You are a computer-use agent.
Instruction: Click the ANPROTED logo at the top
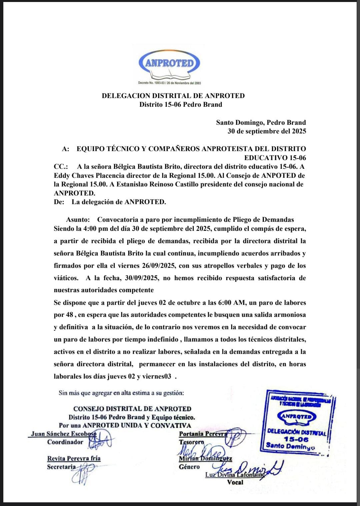click(169, 63)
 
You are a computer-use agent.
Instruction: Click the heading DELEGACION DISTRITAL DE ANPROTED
click(173, 96)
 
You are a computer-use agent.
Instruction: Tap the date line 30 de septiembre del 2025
click(267, 131)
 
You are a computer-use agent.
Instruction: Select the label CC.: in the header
click(61, 166)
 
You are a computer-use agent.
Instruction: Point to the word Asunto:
click(78, 219)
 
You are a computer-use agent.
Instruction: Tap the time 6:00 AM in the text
click(232, 303)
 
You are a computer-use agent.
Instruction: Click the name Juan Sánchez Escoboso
click(63, 434)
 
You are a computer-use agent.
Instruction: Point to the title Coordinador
click(65, 442)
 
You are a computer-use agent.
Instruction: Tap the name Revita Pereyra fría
click(74, 458)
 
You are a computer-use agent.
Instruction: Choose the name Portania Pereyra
click(203, 434)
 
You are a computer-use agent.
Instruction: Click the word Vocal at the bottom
click(235, 482)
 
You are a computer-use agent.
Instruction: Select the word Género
click(189, 467)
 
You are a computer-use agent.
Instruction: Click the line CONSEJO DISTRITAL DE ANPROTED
click(132, 409)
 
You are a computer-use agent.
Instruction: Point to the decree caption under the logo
click(169, 83)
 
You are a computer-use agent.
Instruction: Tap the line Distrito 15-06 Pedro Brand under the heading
click(180, 104)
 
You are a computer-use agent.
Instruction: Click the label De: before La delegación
click(59, 202)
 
